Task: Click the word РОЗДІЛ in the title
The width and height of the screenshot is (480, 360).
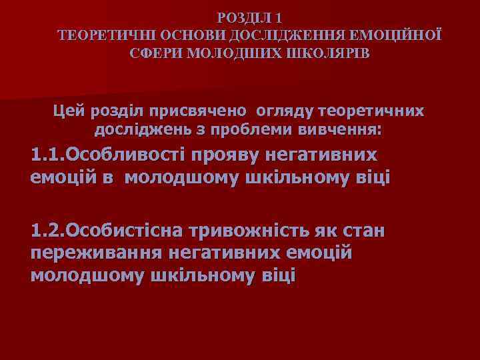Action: (243, 17)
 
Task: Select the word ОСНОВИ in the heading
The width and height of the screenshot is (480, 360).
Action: (177, 35)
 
